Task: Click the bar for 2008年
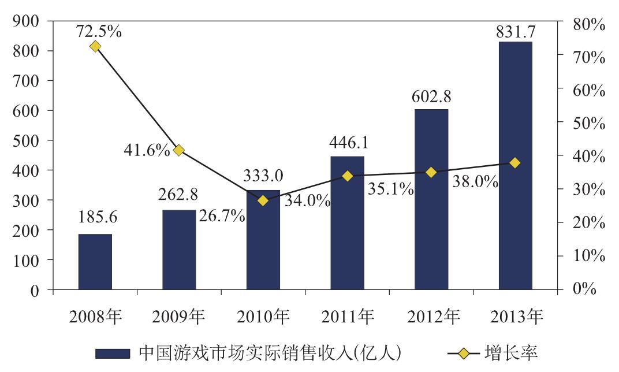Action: pos(95,262)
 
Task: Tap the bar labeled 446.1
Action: pos(347,222)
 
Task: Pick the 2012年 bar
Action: pos(431,199)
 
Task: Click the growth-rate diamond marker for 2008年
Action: pos(95,46)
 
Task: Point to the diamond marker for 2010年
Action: pos(263,200)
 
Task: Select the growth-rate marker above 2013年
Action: pos(515,163)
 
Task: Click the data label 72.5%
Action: pos(99,31)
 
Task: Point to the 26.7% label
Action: pos(222,216)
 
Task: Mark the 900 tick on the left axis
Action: pos(26,21)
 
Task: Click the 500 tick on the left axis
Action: pos(26,140)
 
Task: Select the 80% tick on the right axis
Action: pos(584,24)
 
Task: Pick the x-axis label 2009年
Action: pos(179,317)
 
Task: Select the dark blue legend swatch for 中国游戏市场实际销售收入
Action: pos(114,352)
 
